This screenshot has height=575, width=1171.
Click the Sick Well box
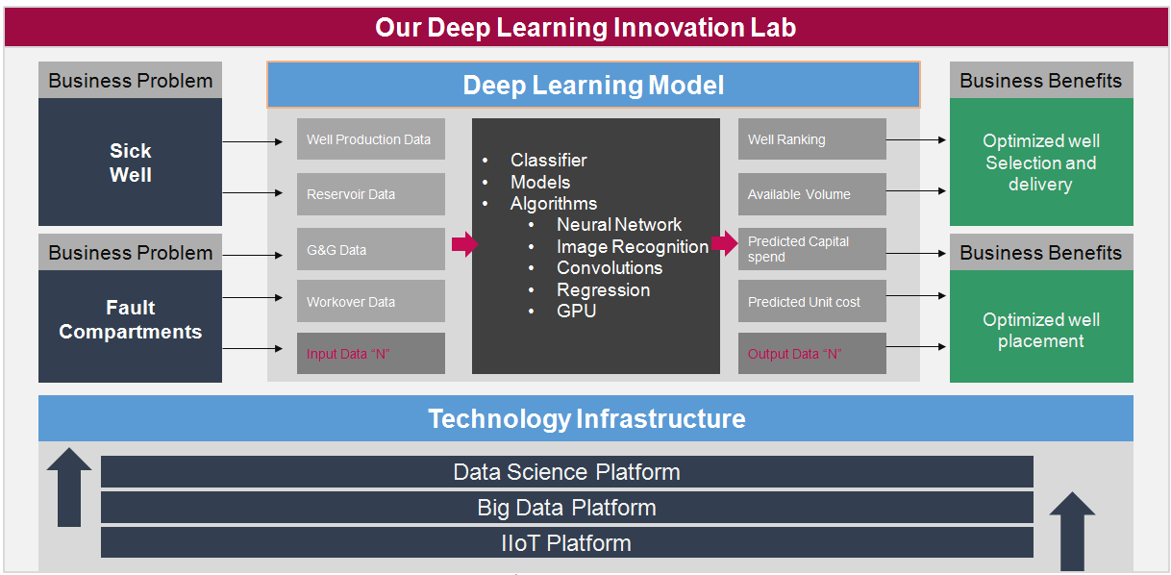coord(130,162)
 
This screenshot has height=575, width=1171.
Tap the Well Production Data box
coord(370,139)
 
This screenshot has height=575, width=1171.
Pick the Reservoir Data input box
coord(370,194)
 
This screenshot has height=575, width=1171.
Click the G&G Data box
coord(370,250)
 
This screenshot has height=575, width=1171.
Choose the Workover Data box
coord(370,302)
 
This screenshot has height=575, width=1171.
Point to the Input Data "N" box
coord(370,354)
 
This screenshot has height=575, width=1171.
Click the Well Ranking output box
coord(811,139)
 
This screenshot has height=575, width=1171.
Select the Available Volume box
coord(811,194)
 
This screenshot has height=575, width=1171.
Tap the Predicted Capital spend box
coord(811,249)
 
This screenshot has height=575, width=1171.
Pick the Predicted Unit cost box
coord(811,302)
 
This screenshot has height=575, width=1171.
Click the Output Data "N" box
coord(811,354)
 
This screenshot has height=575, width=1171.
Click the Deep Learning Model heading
coord(593,85)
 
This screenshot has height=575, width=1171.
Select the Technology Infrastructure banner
coord(585,418)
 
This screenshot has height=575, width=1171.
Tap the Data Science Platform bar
coord(566,472)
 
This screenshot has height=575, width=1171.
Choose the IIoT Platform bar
coord(566,542)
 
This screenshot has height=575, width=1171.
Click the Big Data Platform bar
coord(566,508)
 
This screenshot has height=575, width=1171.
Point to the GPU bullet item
coord(576,311)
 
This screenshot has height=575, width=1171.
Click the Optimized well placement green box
coord(1040,330)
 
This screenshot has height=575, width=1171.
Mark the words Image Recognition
coord(633,246)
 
